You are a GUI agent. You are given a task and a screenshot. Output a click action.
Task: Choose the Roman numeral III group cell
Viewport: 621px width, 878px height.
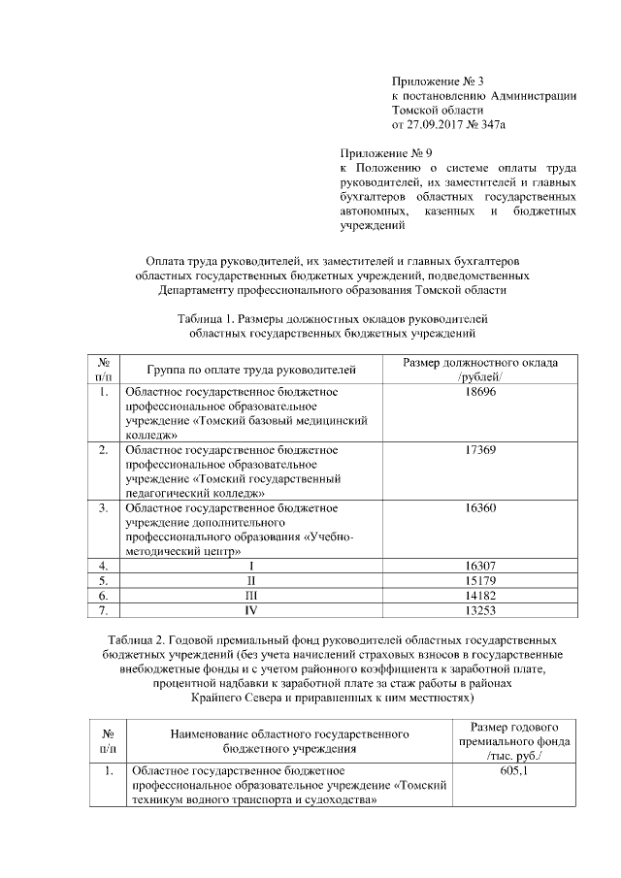(251, 594)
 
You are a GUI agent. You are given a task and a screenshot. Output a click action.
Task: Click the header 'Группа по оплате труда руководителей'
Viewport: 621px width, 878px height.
(251, 370)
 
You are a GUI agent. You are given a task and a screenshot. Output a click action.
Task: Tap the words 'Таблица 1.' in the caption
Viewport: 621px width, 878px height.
(207, 318)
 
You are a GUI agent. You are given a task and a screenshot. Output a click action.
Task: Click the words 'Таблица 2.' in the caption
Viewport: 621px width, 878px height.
(137, 640)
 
